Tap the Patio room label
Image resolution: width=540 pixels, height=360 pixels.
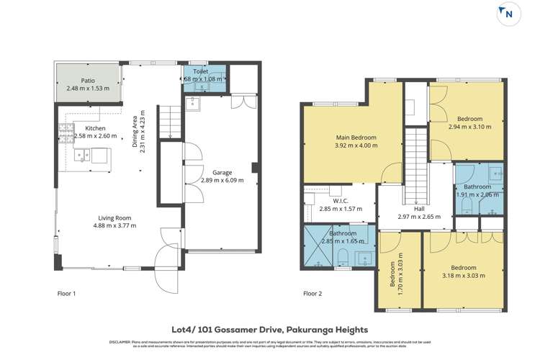[x=88, y=81]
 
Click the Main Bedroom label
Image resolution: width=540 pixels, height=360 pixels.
[x=356, y=137]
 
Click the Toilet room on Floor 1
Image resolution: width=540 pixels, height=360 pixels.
[x=204, y=78]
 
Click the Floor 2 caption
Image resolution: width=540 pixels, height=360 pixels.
[x=312, y=294]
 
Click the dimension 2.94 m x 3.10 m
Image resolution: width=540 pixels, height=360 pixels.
[x=469, y=127]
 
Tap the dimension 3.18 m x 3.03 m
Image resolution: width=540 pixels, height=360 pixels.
[x=463, y=275]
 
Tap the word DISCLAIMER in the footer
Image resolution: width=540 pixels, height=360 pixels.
[x=120, y=342]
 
